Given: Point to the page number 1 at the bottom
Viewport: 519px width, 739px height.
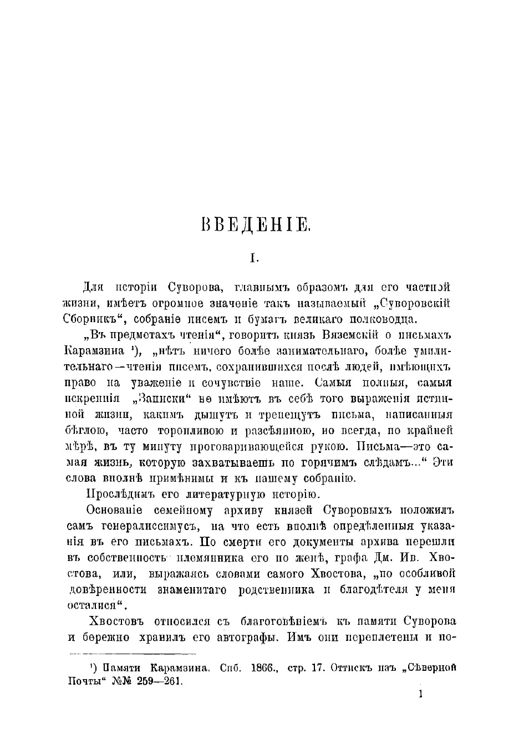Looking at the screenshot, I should [x=422, y=694].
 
